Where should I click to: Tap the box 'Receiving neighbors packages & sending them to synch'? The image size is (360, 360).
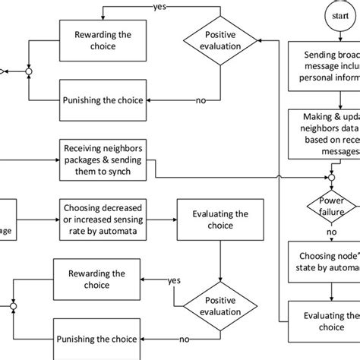(x=106, y=159)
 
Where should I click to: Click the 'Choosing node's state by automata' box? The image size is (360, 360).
(x=325, y=263)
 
